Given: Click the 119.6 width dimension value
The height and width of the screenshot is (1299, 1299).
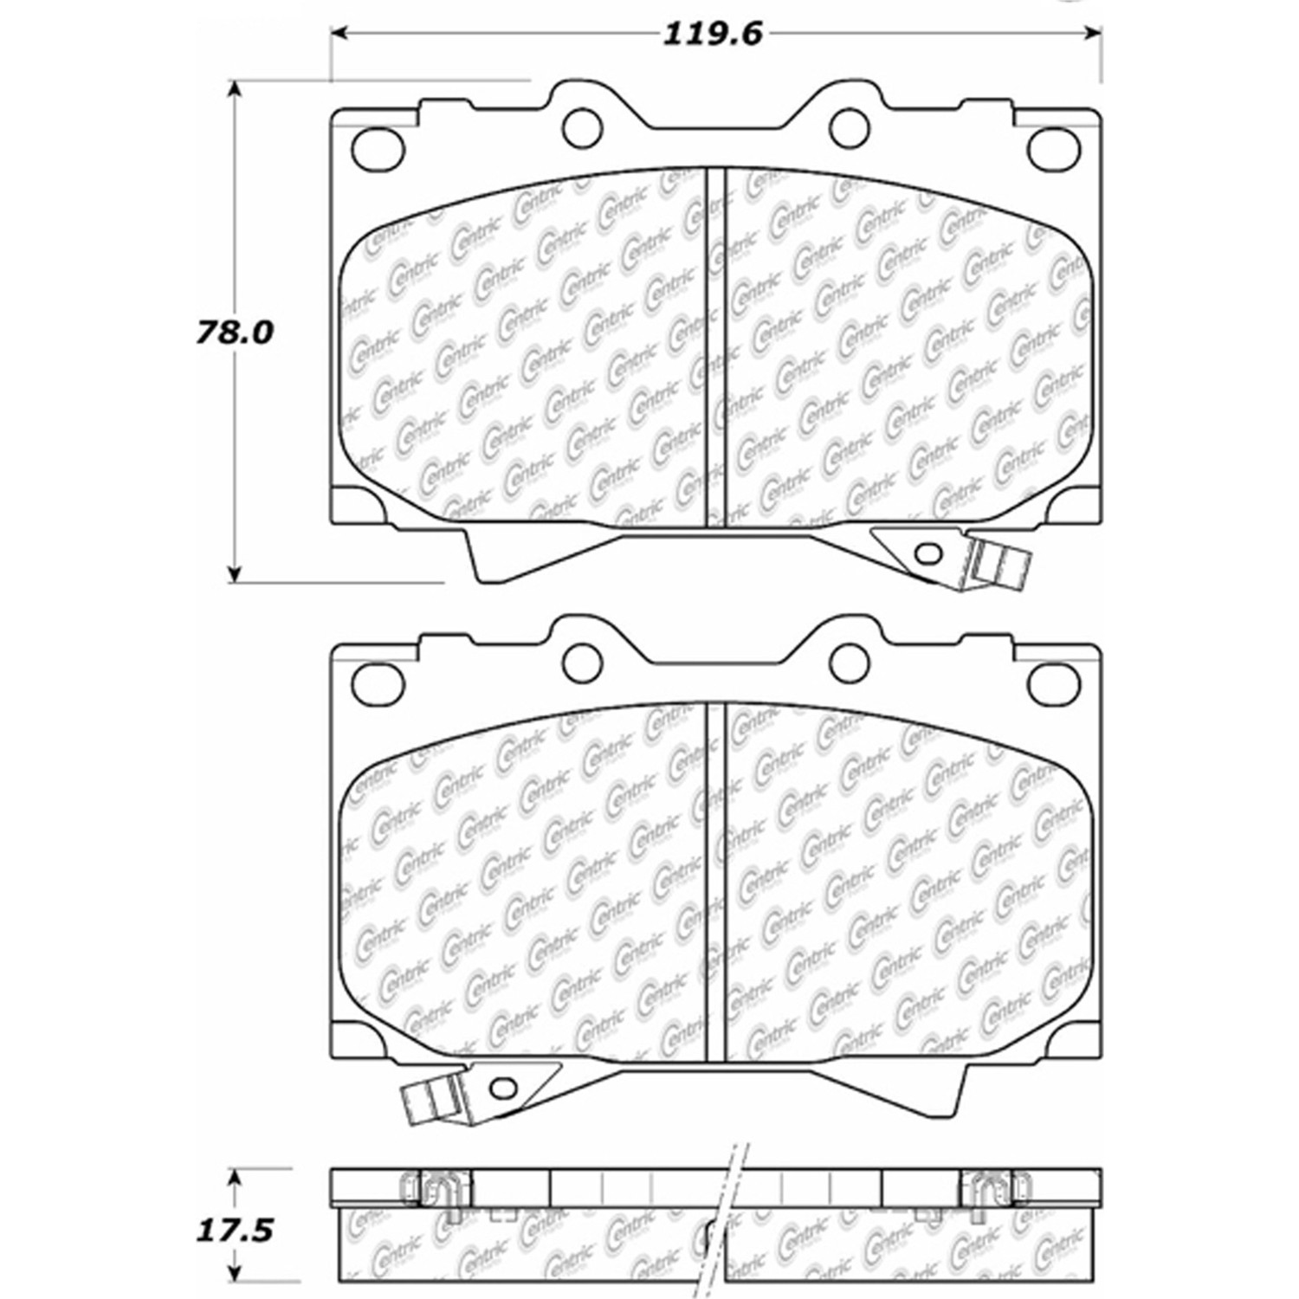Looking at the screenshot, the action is (x=713, y=34).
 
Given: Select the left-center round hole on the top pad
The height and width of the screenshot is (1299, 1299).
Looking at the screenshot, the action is (x=582, y=128).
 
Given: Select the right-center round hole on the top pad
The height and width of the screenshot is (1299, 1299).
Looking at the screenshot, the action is (x=849, y=128).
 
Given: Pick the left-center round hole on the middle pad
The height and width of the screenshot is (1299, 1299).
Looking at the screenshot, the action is (x=582, y=662).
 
